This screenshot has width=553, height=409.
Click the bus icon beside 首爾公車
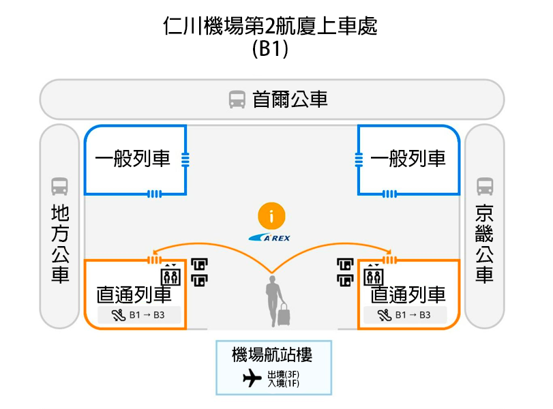tap(237, 100)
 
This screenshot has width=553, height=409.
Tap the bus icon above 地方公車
tap(60, 186)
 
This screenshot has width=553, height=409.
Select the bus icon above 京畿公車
tap(485, 186)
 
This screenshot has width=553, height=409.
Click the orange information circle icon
tap(271, 217)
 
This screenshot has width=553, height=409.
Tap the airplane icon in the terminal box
tap(252, 378)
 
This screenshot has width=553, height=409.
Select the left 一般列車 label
tap(133, 160)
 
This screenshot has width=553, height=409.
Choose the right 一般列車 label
tap(408, 160)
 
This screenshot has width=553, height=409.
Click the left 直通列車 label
tap(134, 294)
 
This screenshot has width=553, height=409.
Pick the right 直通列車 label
tap(408, 294)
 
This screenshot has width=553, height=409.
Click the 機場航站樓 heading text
tap(272, 354)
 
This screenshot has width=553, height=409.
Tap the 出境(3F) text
tap(284, 375)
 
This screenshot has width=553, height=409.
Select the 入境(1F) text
tap(284, 384)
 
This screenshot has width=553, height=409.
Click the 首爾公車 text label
tap(290, 100)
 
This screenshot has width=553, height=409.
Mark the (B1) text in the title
tap(270, 49)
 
